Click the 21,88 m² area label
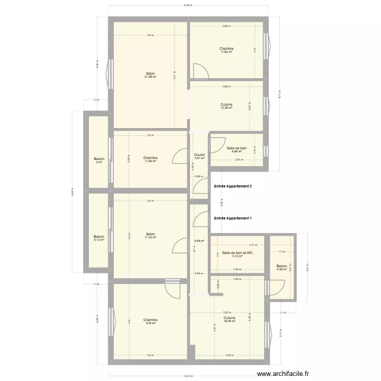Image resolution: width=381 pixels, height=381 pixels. (150, 77)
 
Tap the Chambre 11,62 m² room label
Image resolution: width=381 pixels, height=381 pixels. (227, 50)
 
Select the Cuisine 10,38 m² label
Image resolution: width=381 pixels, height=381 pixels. (227, 106)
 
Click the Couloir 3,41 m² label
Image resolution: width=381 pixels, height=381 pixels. (199, 156)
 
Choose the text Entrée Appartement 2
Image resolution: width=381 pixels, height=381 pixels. (233, 187)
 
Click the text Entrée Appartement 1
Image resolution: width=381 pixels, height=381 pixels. (233, 218)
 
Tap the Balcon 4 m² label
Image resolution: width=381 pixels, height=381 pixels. (99, 160)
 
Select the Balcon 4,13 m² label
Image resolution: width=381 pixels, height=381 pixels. (99, 238)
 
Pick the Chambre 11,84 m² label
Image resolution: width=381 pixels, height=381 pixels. (150, 160)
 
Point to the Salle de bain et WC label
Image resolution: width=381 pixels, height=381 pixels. (237, 254)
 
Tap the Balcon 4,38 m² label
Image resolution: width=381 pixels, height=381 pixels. (281, 267)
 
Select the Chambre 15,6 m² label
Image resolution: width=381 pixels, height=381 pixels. (150, 322)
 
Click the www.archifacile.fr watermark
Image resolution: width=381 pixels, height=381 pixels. (283, 373)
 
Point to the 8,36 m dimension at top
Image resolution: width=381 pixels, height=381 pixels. (188, 6)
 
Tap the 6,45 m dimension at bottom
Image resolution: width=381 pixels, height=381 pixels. (188, 377)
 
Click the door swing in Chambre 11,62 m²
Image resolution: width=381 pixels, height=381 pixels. (200, 71)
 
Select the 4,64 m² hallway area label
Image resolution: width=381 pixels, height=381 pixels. (199, 241)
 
